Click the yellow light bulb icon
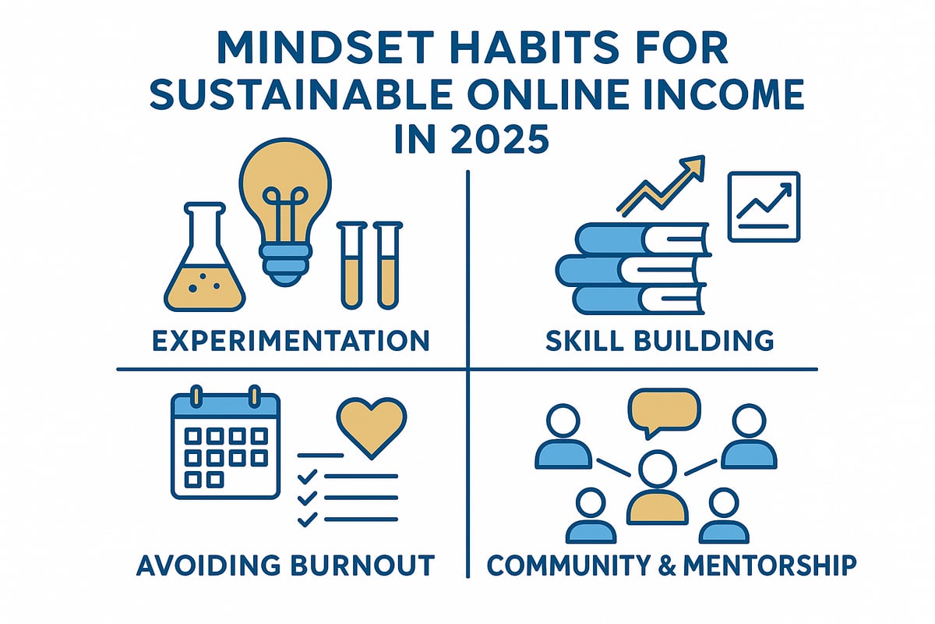coord(285,211)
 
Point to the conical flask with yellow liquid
coord(204,259)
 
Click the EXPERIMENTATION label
coord(291,341)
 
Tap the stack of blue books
coord(633,269)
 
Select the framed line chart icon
coord(764,207)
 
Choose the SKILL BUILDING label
coord(659,341)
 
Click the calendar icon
coord(225,442)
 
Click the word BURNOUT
coord(362,565)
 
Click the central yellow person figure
coord(658,487)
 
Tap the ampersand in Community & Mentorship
coord(668,565)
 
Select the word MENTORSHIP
coord(770,565)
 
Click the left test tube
coord(352,265)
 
